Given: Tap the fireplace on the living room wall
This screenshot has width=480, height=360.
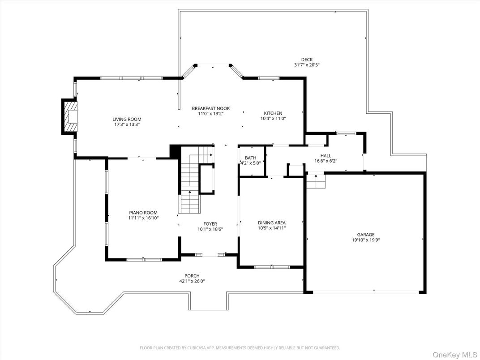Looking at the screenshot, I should pyautogui.click(x=69, y=117).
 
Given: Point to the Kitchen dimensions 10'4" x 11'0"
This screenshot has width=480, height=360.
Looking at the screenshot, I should pyautogui.click(x=273, y=119).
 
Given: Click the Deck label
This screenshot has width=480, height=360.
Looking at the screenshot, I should pyautogui.click(x=307, y=60).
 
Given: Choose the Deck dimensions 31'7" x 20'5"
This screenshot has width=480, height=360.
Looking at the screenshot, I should pyautogui.click(x=307, y=65).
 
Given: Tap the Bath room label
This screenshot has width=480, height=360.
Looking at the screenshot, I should pyautogui.click(x=250, y=158).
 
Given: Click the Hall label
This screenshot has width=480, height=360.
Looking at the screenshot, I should pyautogui.click(x=326, y=156).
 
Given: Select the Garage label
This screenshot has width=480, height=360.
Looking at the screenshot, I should pyautogui.click(x=365, y=234).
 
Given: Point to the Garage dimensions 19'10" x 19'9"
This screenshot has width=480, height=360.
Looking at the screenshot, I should pyautogui.click(x=365, y=240).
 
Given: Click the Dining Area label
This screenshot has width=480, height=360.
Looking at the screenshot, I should pyautogui.click(x=271, y=223).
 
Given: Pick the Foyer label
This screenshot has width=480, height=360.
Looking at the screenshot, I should pyautogui.click(x=210, y=224).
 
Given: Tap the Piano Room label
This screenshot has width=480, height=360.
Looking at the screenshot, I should pyautogui.click(x=143, y=213).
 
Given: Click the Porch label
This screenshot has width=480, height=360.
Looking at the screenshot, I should pyautogui.click(x=192, y=276).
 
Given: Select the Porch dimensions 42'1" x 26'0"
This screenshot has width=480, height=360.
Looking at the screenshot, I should pyautogui.click(x=192, y=281).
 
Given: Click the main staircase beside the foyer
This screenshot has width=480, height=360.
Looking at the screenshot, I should pyautogui.click(x=190, y=188).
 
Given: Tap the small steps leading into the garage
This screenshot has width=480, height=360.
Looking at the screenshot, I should pyautogui.click(x=316, y=181).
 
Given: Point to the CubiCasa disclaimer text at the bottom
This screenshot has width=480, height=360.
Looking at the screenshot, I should pyautogui.click(x=240, y=347).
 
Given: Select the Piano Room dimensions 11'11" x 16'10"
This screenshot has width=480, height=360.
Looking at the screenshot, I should pyautogui.click(x=143, y=218).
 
